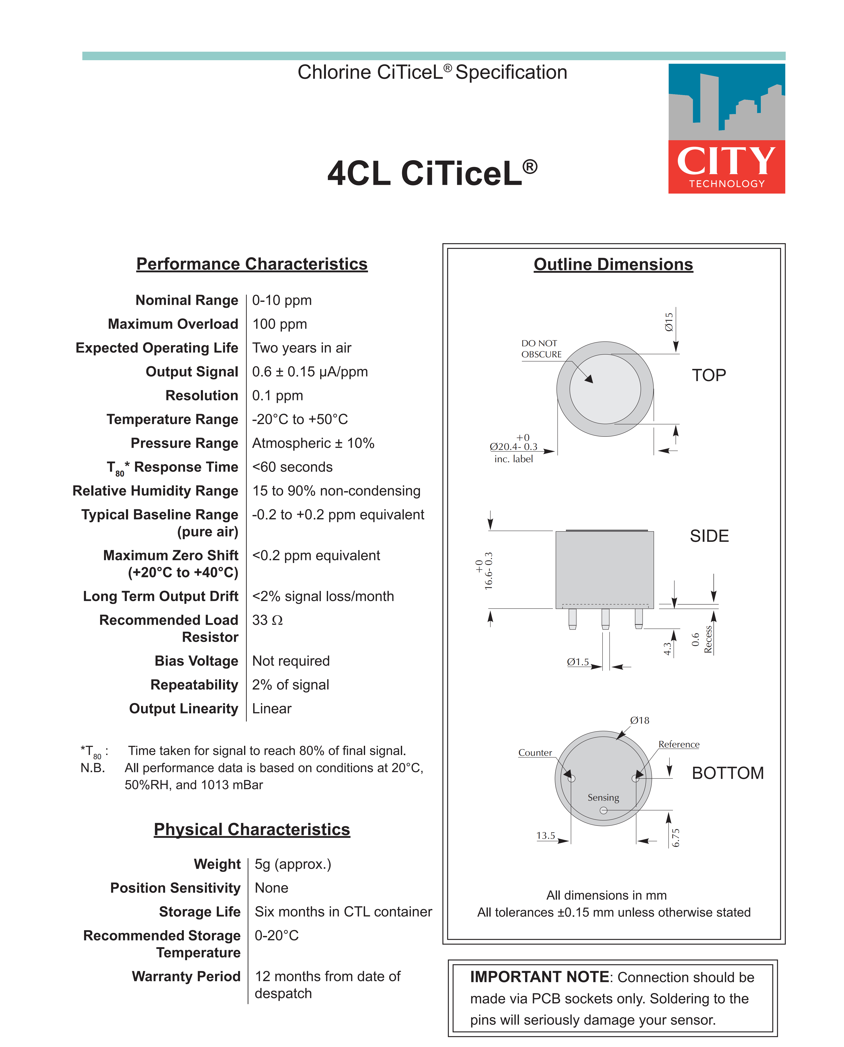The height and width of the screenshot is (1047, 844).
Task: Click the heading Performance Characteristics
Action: click(252, 264)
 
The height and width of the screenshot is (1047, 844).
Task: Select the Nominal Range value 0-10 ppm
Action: click(281, 300)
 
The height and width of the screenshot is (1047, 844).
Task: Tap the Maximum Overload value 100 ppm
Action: click(280, 324)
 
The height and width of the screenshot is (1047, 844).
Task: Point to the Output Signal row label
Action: click(192, 372)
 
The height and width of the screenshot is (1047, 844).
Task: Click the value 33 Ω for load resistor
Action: click(267, 620)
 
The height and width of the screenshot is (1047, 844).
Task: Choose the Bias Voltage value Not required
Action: click(291, 661)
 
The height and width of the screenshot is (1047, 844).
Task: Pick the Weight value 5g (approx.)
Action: click(293, 864)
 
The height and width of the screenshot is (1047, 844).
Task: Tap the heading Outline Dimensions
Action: click(613, 264)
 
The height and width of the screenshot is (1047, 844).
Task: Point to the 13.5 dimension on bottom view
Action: click(546, 836)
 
